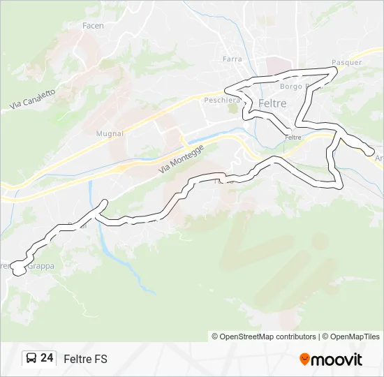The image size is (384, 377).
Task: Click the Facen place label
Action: pos(93,26)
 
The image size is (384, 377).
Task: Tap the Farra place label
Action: pos(232,59)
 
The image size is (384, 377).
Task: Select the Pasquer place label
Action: pos(346,62)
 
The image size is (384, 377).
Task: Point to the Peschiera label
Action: pos(222,100)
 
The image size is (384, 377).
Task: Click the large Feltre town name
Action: pos(272,103)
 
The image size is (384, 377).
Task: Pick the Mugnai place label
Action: pos(110,133)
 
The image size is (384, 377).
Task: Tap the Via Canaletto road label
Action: pos(33,94)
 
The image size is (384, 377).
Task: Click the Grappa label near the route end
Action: pos(40,266)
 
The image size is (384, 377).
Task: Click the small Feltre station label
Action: pos(293,138)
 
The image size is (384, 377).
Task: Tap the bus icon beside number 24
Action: pos(31,359)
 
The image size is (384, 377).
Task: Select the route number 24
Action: pos(47,358)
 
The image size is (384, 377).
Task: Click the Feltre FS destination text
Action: pos(85,359)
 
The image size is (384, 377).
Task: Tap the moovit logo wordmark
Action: pos(337,360)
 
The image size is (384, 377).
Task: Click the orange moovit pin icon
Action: pos(304,360)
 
